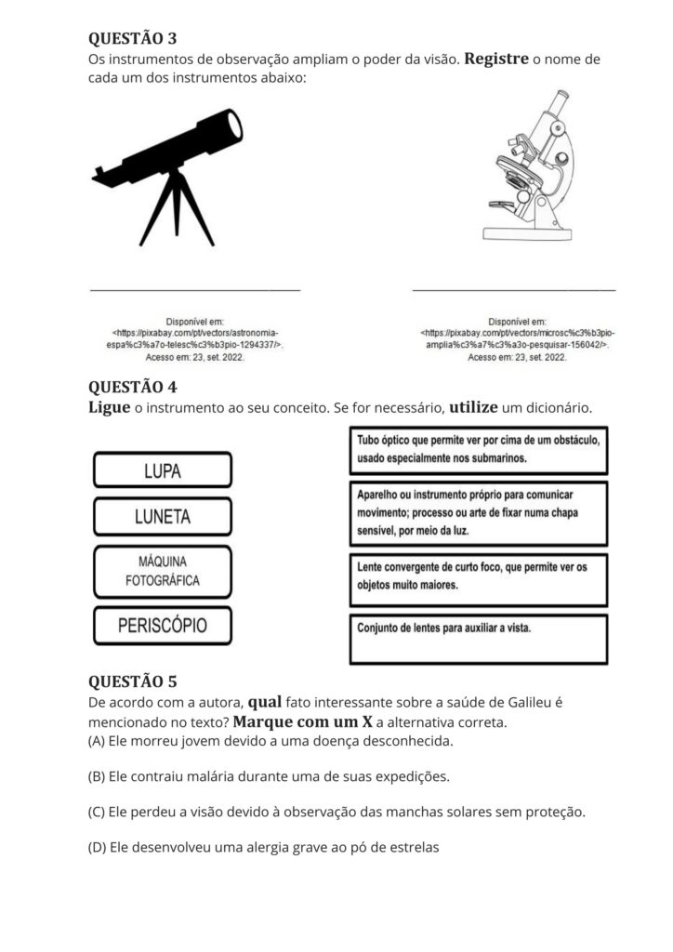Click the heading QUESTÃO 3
[x=132, y=38]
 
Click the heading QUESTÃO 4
[x=132, y=387]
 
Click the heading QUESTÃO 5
[x=132, y=681]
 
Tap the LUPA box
[x=163, y=470]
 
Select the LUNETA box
[x=163, y=517]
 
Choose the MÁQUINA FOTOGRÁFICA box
[x=163, y=572]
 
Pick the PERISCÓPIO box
[x=163, y=626]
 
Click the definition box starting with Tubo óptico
[x=479, y=449]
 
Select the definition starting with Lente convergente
[x=479, y=577]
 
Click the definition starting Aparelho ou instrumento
[x=479, y=512]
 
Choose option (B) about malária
[x=269, y=775]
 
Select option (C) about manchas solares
[x=336, y=811]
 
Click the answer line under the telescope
[x=195, y=290]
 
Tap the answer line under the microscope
[x=513, y=290]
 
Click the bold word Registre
[x=496, y=59]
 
